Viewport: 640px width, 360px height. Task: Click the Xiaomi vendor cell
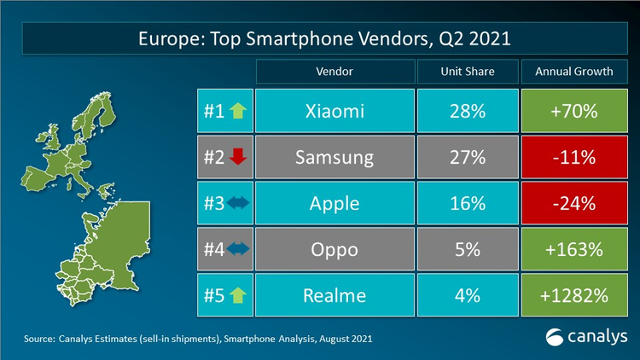tap(334, 111)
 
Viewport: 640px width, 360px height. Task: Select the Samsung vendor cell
tap(334, 158)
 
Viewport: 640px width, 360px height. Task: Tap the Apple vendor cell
tap(334, 204)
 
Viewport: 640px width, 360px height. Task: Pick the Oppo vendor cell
tap(334, 251)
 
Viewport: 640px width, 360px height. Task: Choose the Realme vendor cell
tap(334, 296)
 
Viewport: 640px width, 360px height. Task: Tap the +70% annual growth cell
tap(573, 111)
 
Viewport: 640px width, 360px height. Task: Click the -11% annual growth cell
tap(573, 158)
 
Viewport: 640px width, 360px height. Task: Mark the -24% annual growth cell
tap(573, 204)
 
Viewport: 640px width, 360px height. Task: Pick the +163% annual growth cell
tap(573, 251)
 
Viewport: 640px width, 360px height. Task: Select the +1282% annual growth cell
tap(573, 296)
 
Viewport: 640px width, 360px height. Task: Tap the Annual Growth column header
tap(573, 71)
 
